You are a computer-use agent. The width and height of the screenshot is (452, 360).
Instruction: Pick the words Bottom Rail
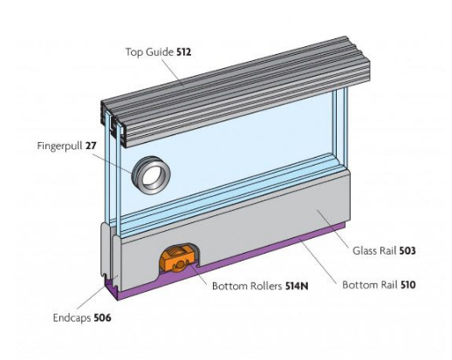(368, 284)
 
